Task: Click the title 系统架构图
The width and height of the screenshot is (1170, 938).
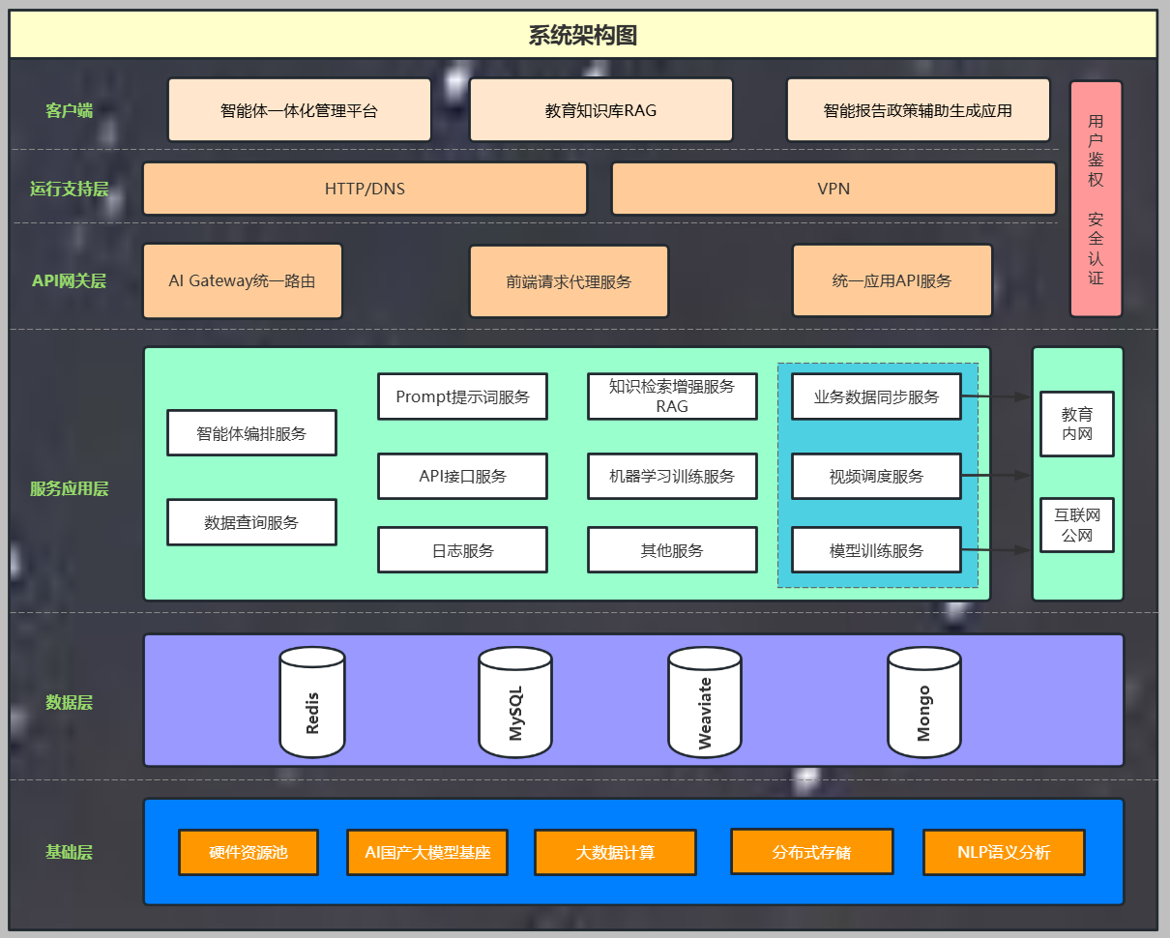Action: (x=583, y=36)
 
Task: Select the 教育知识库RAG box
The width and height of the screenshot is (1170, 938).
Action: (x=600, y=110)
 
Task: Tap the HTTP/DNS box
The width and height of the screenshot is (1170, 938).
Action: (x=365, y=189)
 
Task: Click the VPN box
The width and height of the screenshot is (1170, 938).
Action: (x=834, y=189)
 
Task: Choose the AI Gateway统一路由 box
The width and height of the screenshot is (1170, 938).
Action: (x=242, y=281)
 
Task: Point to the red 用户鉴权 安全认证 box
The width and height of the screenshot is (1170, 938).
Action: (x=1096, y=199)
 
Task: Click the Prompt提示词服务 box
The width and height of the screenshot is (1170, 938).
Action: (x=462, y=396)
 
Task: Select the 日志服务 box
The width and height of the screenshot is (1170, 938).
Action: (x=462, y=550)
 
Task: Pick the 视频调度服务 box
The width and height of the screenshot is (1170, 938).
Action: (x=876, y=476)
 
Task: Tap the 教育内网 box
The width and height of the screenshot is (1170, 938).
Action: (x=1076, y=424)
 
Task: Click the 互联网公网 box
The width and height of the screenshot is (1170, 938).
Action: (x=1076, y=525)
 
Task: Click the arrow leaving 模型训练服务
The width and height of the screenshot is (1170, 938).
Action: (x=996, y=550)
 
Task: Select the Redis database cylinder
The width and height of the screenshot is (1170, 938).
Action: (x=312, y=703)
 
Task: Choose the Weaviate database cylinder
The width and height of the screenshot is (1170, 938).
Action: (x=705, y=703)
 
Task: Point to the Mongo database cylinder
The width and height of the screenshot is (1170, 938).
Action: (x=924, y=703)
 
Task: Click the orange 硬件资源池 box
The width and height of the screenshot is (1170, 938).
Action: (x=249, y=853)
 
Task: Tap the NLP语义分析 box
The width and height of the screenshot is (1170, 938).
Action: (x=1004, y=853)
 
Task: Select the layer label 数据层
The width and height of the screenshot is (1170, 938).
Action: (x=70, y=702)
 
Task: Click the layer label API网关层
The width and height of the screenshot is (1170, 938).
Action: (x=69, y=281)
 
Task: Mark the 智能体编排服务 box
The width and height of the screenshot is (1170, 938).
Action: (x=251, y=433)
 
